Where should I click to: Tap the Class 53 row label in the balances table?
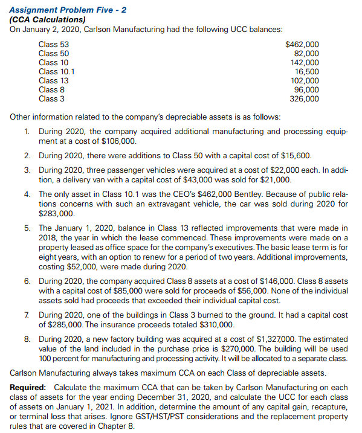53,44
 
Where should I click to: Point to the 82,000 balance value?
306,53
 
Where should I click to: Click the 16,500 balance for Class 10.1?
306,71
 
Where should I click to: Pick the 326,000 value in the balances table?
304,98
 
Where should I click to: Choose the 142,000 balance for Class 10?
304,62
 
